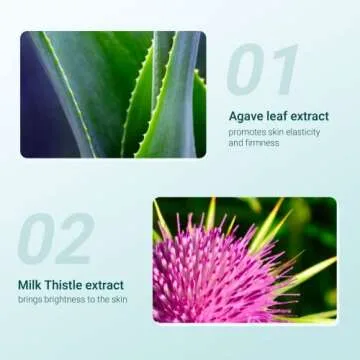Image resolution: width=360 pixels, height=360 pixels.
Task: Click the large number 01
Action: (x=262, y=70)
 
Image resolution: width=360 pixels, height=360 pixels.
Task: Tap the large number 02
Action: (x=56, y=238)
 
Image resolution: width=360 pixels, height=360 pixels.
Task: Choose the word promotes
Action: (x=247, y=132)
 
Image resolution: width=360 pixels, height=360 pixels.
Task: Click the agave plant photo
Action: (x=112, y=94)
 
